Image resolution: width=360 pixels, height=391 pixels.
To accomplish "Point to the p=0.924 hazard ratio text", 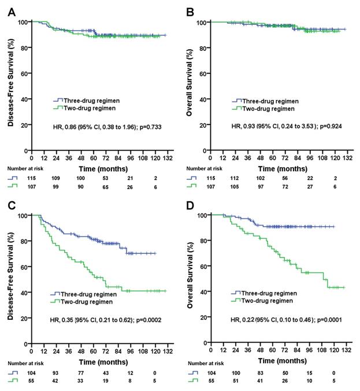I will coord(281,125).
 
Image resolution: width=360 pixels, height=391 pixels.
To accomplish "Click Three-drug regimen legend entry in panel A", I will coord(90,100).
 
